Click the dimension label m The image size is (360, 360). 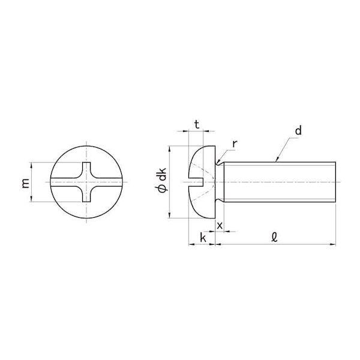[26, 183]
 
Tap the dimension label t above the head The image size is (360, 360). [197, 125]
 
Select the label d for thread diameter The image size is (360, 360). [298, 130]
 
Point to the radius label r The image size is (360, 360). [235, 144]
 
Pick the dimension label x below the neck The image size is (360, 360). [220, 226]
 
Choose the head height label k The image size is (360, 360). [203, 238]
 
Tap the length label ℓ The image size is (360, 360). [274, 237]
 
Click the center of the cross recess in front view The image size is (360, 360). [86, 182]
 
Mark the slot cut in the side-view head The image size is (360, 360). [196, 182]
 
